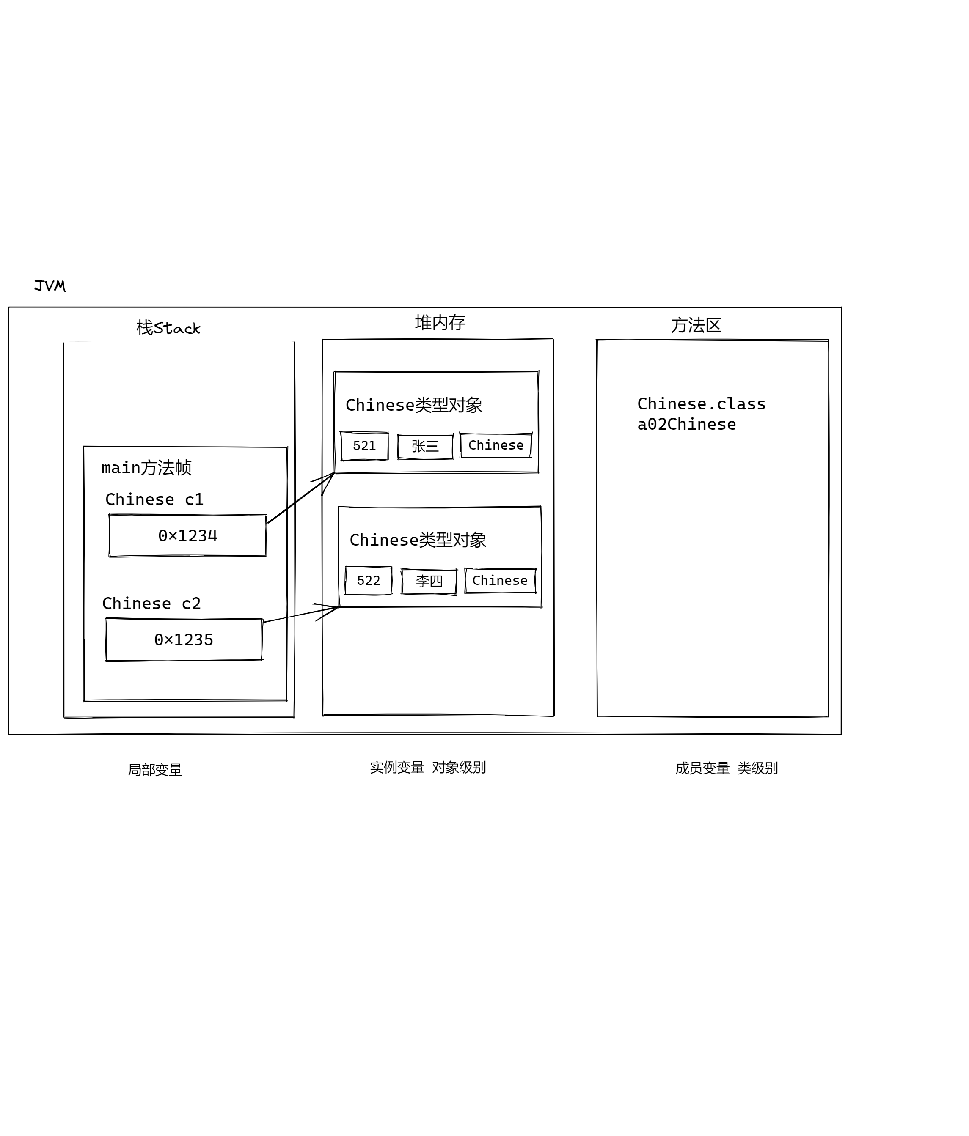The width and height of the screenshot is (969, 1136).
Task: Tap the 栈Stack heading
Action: click(x=168, y=328)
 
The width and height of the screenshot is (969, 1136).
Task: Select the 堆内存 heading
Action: click(x=440, y=322)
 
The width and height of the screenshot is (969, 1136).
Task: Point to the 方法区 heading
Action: click(x=695, y=325)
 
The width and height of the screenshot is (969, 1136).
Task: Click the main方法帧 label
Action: click(x=146, y=468)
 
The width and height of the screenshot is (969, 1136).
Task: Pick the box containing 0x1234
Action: click(x=187, y=536)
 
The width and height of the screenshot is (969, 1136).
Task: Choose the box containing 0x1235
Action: click(x=184, y=640)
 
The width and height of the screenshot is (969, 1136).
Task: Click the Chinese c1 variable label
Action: click(x=154, y=499)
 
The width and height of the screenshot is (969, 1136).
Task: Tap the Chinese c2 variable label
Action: click(x=151, y=604)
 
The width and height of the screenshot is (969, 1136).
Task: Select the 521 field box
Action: click(x=364, y=446)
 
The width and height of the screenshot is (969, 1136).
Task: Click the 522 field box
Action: click(x=369, y=581)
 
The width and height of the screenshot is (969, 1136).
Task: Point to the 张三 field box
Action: click(x=425, y=446)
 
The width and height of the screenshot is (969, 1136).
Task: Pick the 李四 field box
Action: click(x=429, y=581)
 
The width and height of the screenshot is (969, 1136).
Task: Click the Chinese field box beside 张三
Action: click(x=496, y=445)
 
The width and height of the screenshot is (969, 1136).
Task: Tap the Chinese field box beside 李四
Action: click(x=500, y=581)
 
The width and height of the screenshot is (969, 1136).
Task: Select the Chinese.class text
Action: click(x=701, y=404)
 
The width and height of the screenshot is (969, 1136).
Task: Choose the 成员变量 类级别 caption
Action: click(x=726, y=768)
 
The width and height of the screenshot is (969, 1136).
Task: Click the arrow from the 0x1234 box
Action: click(x=300, y=498)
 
